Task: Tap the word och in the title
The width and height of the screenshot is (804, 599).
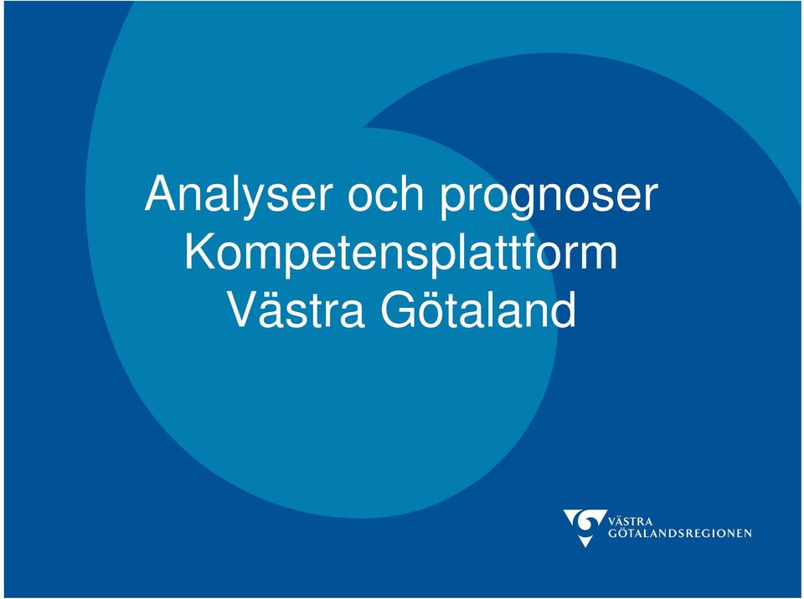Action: click(386, 194)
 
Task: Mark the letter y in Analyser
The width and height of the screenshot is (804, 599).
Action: click(250, 202)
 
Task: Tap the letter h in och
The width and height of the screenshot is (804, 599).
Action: click(410, 194)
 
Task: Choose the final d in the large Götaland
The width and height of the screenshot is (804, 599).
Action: click(564, 310)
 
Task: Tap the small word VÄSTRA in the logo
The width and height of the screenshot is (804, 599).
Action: click(630, 522)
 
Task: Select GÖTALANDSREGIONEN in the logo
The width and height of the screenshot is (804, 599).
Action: click(680, 534)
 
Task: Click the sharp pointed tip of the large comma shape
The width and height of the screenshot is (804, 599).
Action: click(364, 127)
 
